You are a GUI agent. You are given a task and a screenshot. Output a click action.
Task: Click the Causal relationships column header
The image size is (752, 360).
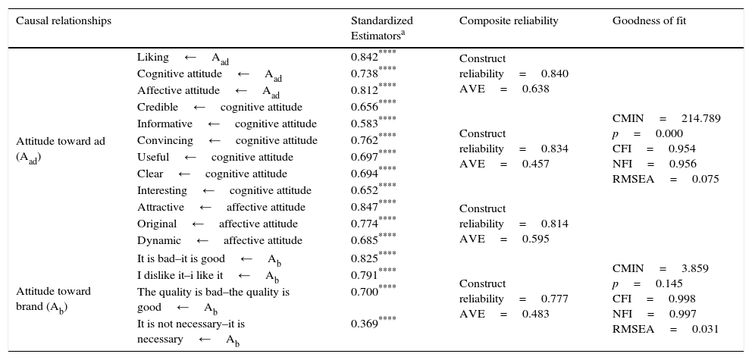[64, 21]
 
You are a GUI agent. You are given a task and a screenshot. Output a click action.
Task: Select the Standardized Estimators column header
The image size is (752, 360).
[381, 27]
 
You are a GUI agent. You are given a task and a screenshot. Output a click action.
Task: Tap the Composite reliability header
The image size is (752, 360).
[508, 21]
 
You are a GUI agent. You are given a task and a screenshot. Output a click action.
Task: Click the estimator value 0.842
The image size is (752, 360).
[365, 58]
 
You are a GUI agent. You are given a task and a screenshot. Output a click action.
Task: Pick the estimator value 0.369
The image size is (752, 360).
[365, 324]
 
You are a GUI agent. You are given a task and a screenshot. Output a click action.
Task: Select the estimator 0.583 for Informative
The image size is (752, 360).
[365, 124]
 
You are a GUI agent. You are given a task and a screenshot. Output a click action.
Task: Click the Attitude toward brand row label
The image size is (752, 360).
[53, 299]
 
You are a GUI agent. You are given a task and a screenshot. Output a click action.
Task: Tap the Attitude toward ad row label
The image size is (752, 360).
[61, 149]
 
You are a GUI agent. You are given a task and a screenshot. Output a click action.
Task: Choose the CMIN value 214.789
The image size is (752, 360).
[700, 119]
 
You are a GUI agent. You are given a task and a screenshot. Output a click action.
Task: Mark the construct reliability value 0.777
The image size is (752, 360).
[554, 299]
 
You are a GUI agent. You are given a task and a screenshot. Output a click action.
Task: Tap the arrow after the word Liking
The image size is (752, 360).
[190, 58]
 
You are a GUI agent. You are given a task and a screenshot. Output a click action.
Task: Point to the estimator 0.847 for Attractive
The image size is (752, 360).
[365, 207]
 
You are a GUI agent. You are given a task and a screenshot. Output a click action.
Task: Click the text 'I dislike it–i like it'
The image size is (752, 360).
[180, 275]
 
